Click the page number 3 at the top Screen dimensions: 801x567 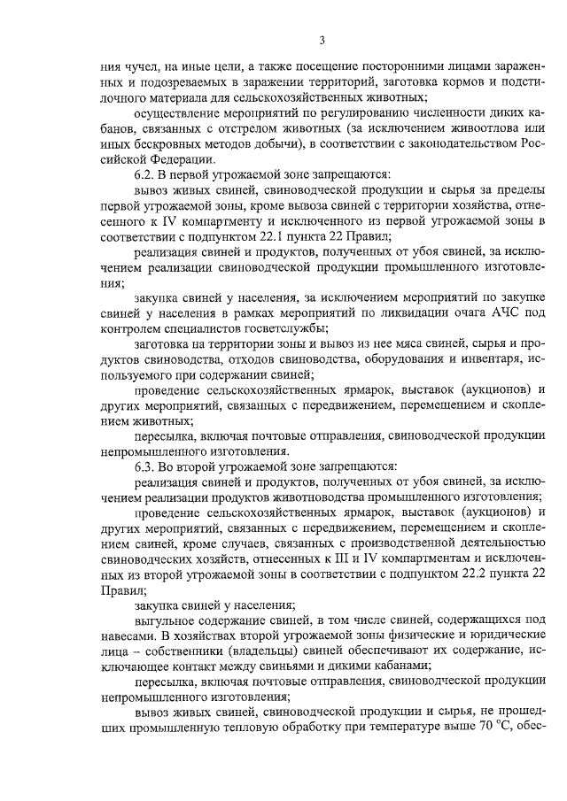(323, 40)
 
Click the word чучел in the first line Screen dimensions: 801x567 (144, 65)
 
